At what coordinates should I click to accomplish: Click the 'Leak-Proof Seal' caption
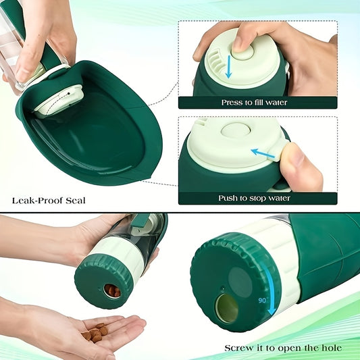click(48, 200)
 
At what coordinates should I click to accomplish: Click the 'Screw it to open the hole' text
click(283, 348)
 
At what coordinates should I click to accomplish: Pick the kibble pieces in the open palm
click(96, 333)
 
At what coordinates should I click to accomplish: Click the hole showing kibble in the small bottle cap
click(112, 290)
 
